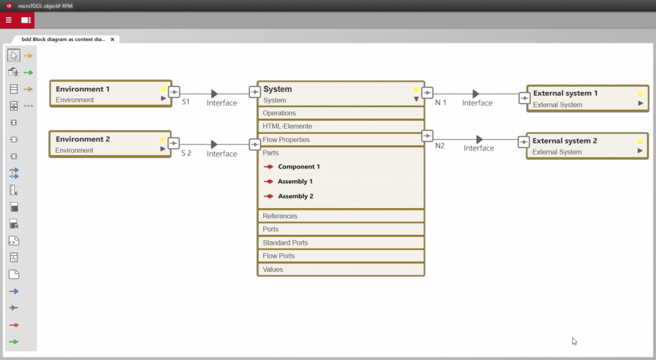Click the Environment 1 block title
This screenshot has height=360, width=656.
[83, 89]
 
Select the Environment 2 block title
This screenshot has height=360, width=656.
[83, 139]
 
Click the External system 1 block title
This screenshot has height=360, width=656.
[565, 93]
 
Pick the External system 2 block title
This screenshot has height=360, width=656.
[565, 141]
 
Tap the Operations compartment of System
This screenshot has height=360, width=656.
[279, 113]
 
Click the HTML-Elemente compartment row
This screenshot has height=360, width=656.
[287, 126]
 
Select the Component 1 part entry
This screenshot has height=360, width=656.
[299, 167]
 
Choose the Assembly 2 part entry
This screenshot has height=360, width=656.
[295, 196]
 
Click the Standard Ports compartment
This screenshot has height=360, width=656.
[285, 243]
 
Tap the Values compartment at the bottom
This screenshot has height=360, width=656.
[273, 269]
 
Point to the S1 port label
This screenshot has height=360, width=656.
[186, 102]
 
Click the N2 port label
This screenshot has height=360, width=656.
[440, 146]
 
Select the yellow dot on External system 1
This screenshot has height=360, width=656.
[640, 94]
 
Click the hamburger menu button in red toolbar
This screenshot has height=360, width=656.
[9, 20]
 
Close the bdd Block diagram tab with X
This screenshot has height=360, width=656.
[112, 39]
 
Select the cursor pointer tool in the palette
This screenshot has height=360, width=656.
[14, 55]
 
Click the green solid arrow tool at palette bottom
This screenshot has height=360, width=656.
[14, 342]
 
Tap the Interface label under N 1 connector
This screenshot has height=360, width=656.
[477, 103]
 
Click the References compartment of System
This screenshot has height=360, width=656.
[280, 216]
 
